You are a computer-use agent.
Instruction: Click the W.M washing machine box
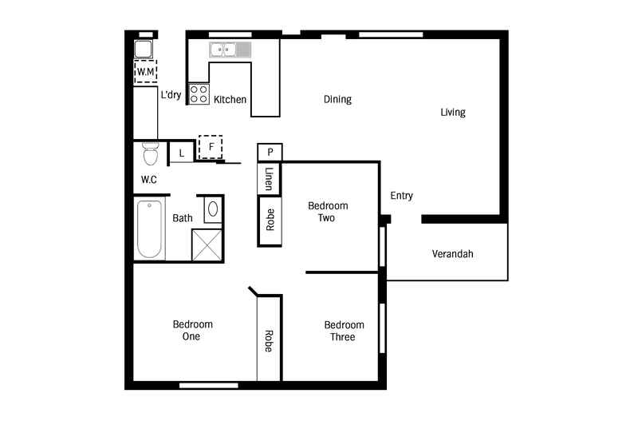coord(144,72)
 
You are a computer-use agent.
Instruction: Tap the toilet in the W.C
coord(150,153)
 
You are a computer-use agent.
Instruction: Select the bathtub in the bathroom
coord(149,229)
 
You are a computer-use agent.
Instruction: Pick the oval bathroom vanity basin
coord(212,209)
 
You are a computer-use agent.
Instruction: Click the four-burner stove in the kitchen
coord(198,94)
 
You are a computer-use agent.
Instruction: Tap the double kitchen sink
coord(230,50)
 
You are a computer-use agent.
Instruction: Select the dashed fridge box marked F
coord(211,147)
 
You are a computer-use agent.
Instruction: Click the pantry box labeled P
coord(270,152)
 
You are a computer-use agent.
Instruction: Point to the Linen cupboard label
coord(270,179)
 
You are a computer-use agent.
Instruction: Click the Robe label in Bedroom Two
coord(270,219)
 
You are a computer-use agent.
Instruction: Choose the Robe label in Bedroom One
coord(269,341)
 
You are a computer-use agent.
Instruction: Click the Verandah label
coord(452,254)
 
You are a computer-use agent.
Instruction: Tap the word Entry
coord(401,196)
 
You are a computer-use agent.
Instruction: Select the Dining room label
coord(337,100)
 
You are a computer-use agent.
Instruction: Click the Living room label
coord(452,113)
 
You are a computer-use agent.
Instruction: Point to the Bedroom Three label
coord(344,331)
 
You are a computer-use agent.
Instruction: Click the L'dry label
coord(171,95)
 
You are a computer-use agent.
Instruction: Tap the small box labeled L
coord(181,152)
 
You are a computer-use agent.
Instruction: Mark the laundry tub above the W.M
coord(144,49)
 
